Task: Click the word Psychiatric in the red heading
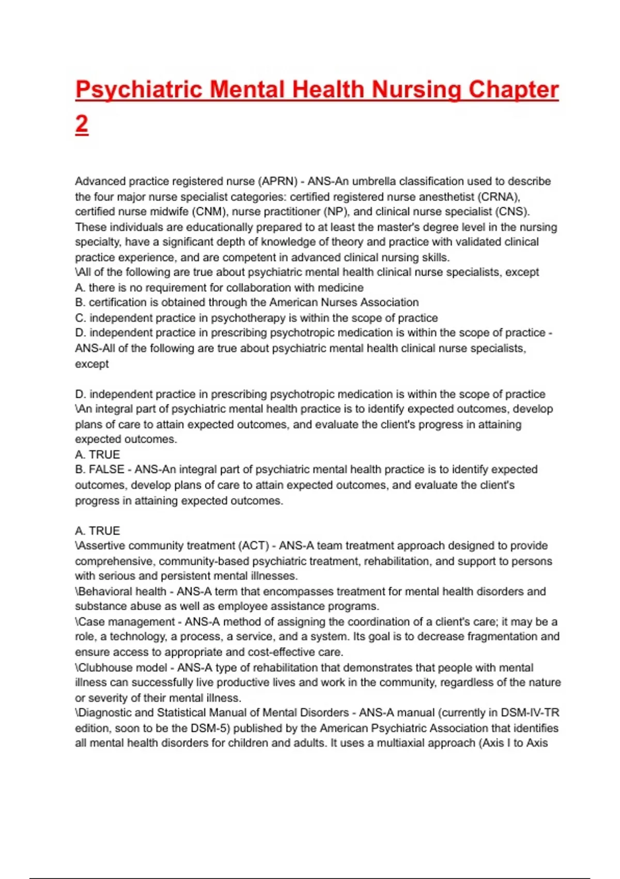point(138,90)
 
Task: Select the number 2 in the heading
point(82,125)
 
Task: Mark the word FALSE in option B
point(107,469)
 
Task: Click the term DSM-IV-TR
point(530,713)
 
